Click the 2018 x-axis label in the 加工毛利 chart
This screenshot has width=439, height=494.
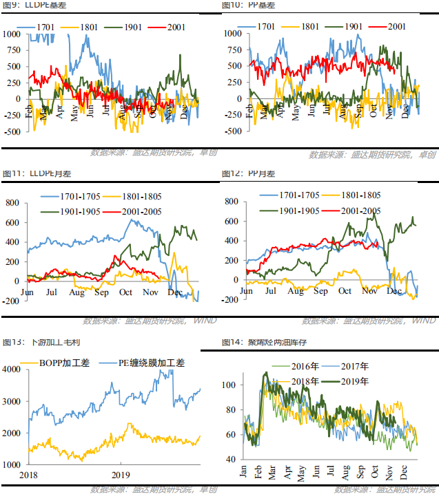(x=30, y=475)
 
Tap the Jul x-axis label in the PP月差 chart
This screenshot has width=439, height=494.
(x=270, y=291)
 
